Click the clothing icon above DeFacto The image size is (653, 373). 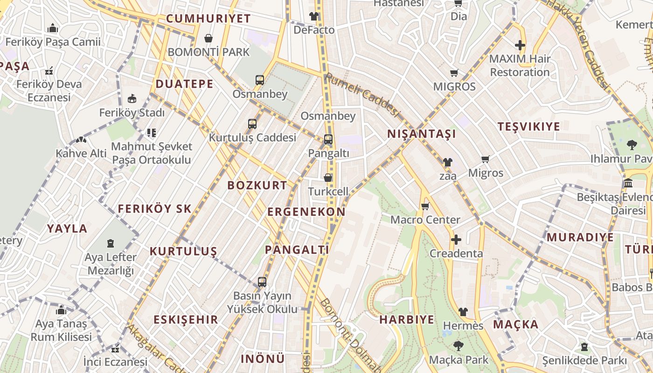[x=314, y=16]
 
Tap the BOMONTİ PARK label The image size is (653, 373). [x=208, y=52]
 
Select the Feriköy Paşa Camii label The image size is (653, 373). [x=53, y=42]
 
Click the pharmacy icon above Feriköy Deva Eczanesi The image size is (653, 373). [x=49, y=71]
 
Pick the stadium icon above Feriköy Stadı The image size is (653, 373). [x=132, y=99]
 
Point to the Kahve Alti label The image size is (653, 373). [x=81, y=153]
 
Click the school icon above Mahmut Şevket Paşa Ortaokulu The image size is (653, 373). [x=152, y=133]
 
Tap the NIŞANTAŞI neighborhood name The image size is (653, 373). [x=421, y=134]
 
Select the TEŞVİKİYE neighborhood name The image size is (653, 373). [x=528, y=127]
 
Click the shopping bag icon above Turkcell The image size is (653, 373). [x=328, y=178]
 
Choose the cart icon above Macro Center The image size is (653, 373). [x=425, y=206]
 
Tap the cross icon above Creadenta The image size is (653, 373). [x=456, y=240]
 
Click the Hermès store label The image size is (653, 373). [x=463, y=325]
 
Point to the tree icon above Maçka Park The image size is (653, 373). [x=458, y=346]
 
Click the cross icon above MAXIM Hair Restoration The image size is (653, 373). [x=520, y=45]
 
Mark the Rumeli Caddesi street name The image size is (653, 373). [x=362, y=95]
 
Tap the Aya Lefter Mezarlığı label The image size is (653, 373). [x=111, y=264]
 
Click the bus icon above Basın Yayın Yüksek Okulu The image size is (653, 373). [x=262, y=282]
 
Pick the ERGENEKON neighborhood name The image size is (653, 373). [x=306, y=212]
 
